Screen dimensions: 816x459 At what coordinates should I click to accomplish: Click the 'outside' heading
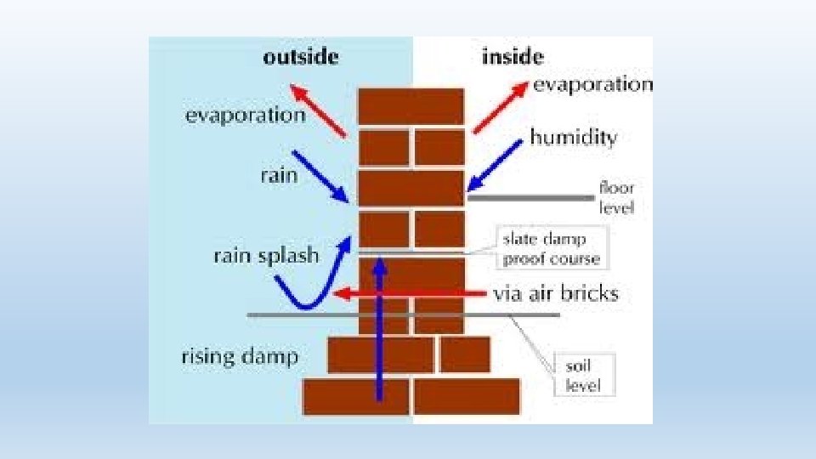301,57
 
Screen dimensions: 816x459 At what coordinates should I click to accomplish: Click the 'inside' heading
513,57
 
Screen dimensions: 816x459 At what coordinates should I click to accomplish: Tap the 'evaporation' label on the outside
245,115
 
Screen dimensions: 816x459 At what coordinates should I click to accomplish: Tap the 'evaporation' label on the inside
592,84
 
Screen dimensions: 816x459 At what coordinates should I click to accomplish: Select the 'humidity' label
573,137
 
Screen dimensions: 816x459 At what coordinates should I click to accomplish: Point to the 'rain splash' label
266,255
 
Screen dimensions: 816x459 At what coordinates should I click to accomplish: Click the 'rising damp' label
240,356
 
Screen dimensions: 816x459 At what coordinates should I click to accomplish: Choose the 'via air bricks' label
556,294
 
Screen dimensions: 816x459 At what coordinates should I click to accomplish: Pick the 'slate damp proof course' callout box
551,248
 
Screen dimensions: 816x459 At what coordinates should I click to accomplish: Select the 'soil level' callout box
583,376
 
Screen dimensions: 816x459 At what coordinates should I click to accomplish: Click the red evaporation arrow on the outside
318,110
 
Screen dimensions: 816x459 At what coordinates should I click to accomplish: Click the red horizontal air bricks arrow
408,294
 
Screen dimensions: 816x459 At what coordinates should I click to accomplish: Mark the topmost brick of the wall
411,106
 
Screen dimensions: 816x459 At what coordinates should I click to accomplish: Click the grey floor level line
531,197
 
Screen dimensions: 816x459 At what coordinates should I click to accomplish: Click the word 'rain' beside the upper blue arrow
279,175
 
